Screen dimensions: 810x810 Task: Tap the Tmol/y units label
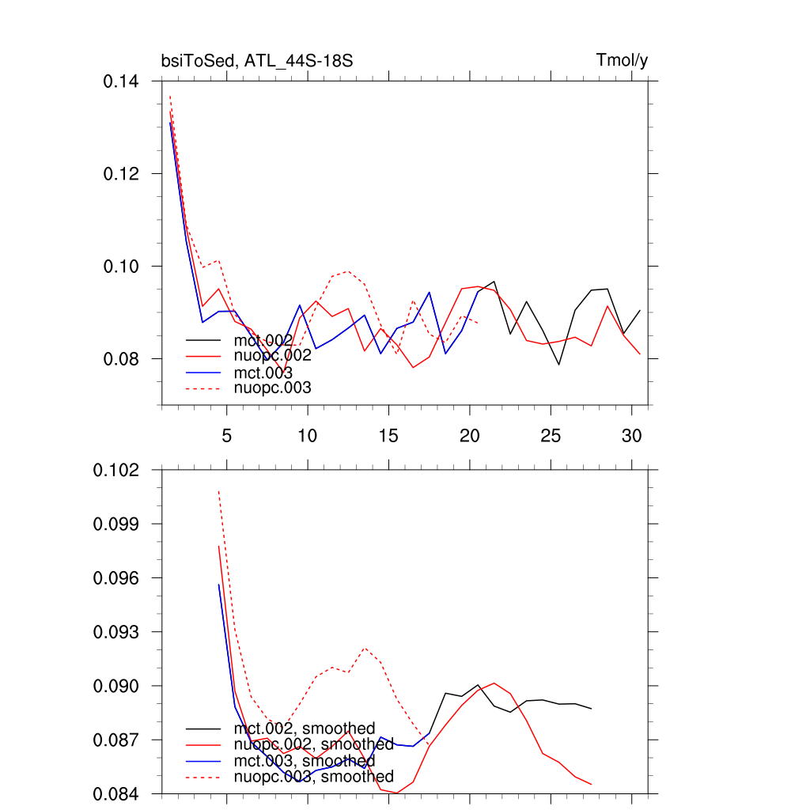click(623, 61)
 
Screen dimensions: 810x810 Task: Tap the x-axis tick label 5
click(227, 436)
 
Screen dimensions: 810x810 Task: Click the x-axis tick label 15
click(388, 436)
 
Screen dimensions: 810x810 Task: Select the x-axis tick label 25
click(551, 436)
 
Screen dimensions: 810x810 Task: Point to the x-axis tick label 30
click(631, 436)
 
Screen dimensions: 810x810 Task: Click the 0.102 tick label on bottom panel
click(117, 470)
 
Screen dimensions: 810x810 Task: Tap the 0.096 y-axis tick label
click(117, 578)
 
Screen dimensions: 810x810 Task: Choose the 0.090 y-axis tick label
click(117, 686)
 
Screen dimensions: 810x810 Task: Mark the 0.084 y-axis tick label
click(117, 794)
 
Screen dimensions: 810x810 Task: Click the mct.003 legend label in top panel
click(263, 373)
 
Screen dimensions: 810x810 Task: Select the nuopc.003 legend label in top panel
click(273, 388)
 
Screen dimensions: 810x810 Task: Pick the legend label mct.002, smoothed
click(305, 729)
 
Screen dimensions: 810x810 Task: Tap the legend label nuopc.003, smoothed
click(313, 777)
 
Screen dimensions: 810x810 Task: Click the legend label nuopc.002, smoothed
click(313, 744)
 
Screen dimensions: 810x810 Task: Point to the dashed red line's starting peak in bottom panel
click(218, 491)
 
